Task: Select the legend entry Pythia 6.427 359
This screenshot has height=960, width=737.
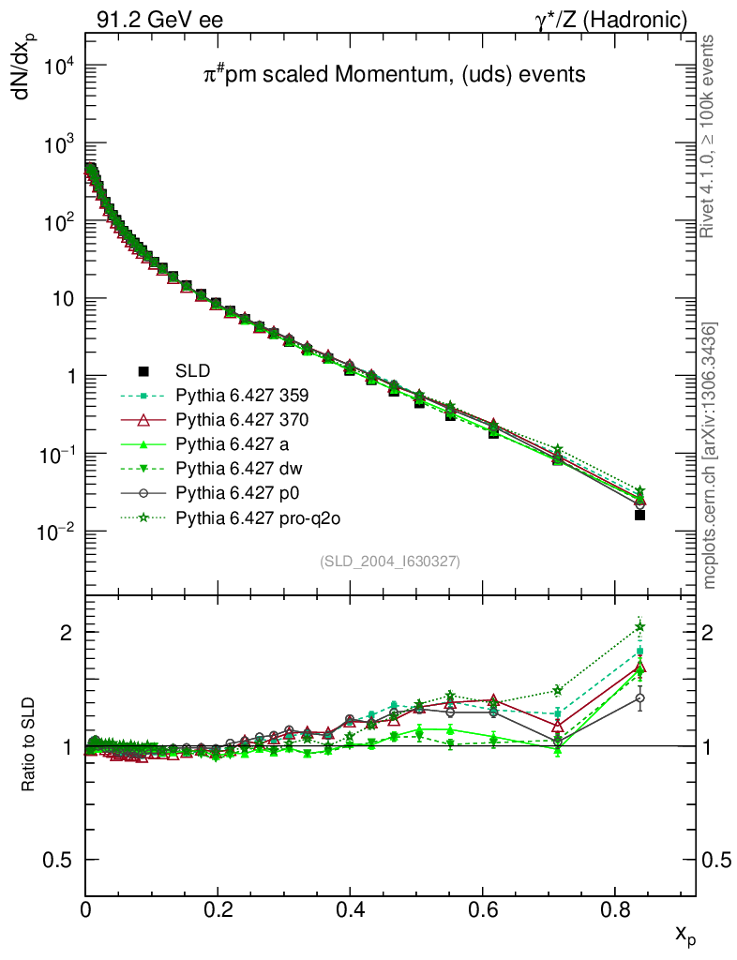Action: point(242,397)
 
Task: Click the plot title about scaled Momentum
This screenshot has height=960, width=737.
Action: point(395,75)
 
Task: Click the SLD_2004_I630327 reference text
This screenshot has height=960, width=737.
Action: point(389,561)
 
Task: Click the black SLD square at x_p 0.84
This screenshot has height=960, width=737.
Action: point(640,515)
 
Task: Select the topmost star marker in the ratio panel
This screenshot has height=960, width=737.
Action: point(640,626)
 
